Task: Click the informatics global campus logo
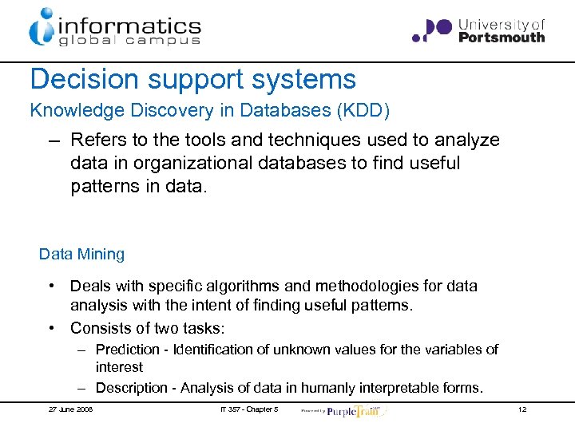point(114,26)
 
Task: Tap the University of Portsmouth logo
point(478,30)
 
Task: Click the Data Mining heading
point(81,255)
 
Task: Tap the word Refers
point(97,140)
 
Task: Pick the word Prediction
point(127,350)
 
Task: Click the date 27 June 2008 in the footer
point(70,409)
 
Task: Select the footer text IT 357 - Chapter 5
point(248,409)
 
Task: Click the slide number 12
point(521,409)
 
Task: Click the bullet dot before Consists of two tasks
point(50,328)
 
